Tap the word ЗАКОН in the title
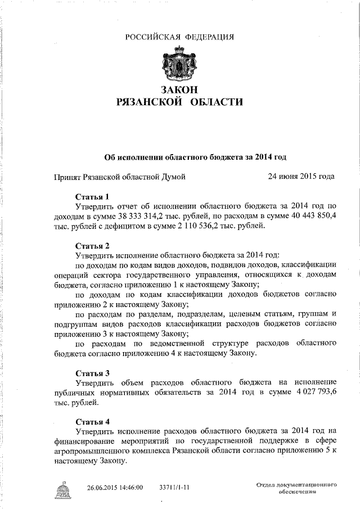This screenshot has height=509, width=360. (179, 90)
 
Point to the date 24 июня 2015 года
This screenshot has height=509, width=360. (301, 176)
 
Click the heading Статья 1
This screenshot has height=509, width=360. (92, 197)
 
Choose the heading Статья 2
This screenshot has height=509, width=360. (92, 245)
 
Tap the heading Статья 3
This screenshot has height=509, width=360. (92, 372)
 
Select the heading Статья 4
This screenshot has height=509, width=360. (92, 421)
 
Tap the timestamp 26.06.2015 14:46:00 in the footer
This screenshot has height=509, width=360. (115, 487)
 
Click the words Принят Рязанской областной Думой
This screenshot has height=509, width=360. (119, 177)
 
